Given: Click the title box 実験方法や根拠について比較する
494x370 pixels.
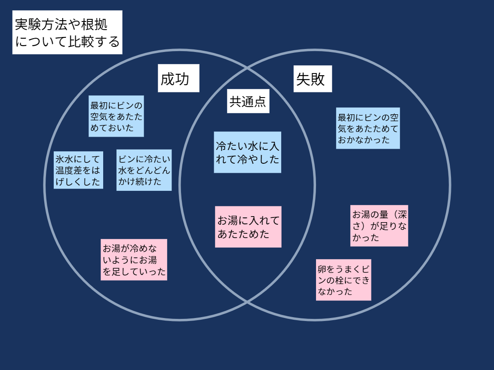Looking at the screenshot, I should (67, 33).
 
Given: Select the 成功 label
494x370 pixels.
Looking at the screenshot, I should (178, 78).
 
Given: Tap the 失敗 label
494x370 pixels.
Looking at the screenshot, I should (313, 79).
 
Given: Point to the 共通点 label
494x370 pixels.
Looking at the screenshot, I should (248, 102).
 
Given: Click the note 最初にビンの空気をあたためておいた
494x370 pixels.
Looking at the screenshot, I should (116, 116).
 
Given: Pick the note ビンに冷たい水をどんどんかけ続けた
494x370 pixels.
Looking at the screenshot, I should (144, 170).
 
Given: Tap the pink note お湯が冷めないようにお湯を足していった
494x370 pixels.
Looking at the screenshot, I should (134, 260).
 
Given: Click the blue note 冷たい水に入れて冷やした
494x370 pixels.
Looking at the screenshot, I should (248, 152).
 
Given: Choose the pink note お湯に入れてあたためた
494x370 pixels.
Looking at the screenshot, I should (248, 227).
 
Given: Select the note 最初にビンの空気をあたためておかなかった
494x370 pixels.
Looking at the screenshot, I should (368, 128).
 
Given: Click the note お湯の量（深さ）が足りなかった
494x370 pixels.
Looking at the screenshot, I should (379, 226).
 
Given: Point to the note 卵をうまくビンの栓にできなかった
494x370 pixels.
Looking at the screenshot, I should (344, 280).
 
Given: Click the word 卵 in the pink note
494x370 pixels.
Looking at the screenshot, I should (322, 269).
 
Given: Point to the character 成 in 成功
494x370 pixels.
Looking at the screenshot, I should (168, 79).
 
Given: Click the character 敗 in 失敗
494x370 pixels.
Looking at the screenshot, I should (318, 79).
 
